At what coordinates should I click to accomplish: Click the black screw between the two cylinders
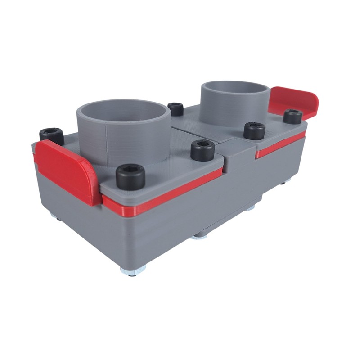[175, 109]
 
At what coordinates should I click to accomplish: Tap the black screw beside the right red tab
[292, 117]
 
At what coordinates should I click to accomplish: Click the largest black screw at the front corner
[130, 175]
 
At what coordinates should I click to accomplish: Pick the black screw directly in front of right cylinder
[254, 130]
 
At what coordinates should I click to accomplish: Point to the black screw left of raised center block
[202, 150]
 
